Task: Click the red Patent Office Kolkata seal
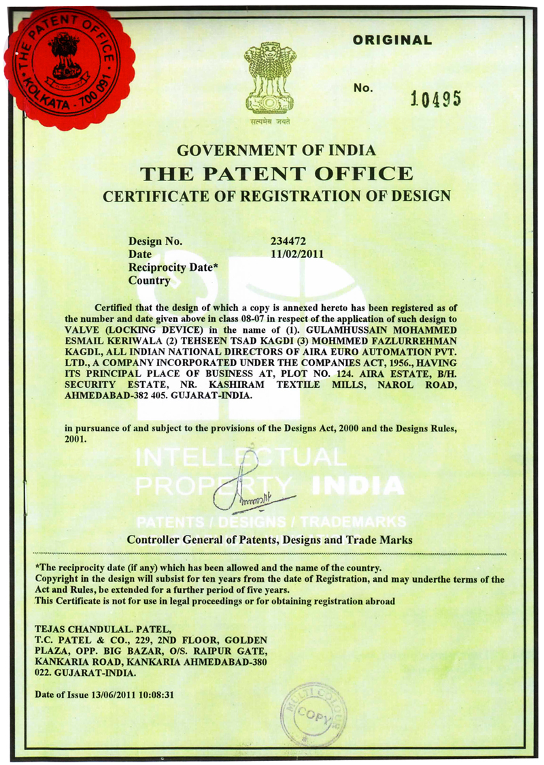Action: tap(66, 67)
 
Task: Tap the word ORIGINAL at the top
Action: tap(392, 40)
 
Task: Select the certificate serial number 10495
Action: tap(436, 99)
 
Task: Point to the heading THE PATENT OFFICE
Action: tap(276, 173)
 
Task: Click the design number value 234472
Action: tap(290, 242)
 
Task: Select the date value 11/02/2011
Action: tap(296, 255)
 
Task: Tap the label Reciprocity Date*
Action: tap(173, 267)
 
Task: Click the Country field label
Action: tap(149, 280)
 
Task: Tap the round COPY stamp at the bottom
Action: tap(313, 715)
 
